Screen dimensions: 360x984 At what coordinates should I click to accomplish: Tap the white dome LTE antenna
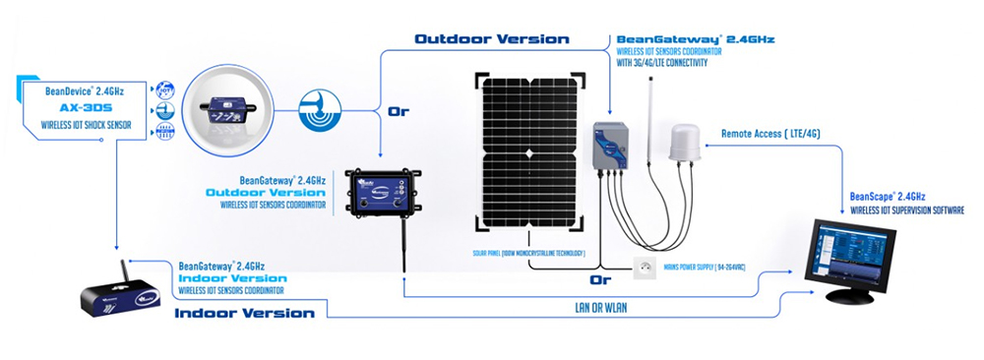point(683,143)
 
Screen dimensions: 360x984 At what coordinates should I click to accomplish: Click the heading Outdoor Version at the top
point(491,39)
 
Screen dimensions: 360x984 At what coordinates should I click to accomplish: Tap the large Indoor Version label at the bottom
point(244,314)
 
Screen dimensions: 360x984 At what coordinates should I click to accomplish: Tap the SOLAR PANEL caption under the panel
point(528,254)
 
